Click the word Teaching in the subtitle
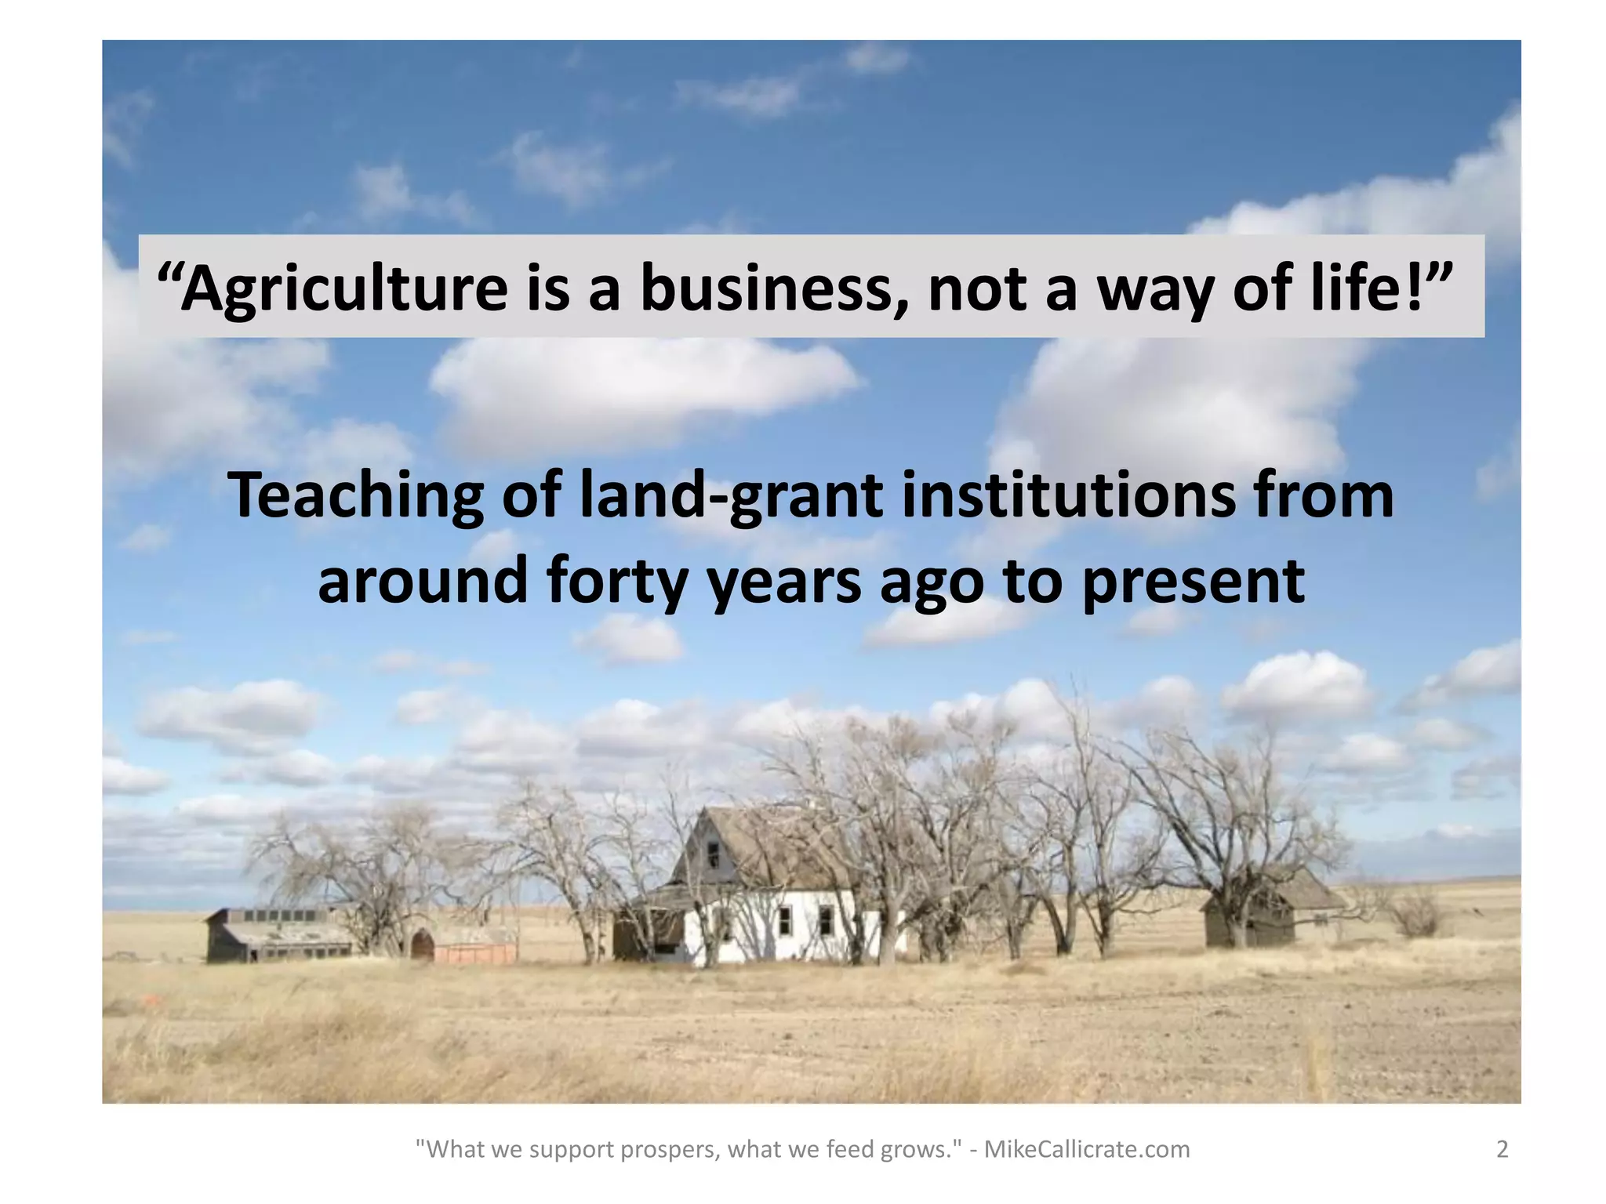coord(355,497)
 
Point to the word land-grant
coord(732,497)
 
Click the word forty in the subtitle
coord(618,582)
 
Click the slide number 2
coord(1502,1149)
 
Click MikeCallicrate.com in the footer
coord(1087,1149)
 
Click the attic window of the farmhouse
coord(713,853)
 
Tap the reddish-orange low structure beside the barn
coord(475,952)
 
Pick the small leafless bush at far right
coord(1416,913)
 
